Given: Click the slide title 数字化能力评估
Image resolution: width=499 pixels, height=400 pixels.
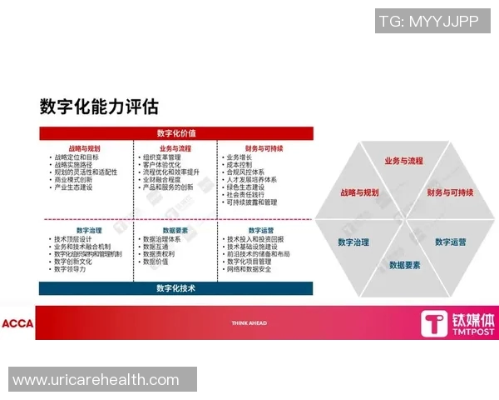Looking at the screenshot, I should (99, 107).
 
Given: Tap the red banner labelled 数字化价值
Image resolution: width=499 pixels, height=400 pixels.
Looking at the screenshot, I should (176, 133).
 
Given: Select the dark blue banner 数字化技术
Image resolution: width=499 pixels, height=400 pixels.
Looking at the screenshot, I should (176, 288).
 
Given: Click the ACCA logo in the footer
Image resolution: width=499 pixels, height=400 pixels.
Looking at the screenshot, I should (17, 323).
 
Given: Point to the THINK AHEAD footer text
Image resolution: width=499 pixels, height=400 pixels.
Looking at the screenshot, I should (249, 322).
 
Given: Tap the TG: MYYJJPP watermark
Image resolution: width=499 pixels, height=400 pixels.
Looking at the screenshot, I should (428, 22).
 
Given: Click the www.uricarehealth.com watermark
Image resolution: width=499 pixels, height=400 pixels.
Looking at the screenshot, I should (96, 380).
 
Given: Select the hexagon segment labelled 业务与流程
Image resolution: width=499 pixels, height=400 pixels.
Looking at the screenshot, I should (403, 161).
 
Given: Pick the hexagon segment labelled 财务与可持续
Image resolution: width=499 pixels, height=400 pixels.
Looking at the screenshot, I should (450, 192).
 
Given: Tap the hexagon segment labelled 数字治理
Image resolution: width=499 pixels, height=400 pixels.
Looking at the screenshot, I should (353, 242).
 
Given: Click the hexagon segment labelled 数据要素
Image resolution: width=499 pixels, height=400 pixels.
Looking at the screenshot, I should (405, 265).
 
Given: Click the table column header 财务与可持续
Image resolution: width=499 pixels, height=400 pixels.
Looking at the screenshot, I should (265, 148).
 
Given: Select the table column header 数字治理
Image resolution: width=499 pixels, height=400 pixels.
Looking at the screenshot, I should (89, 230).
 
